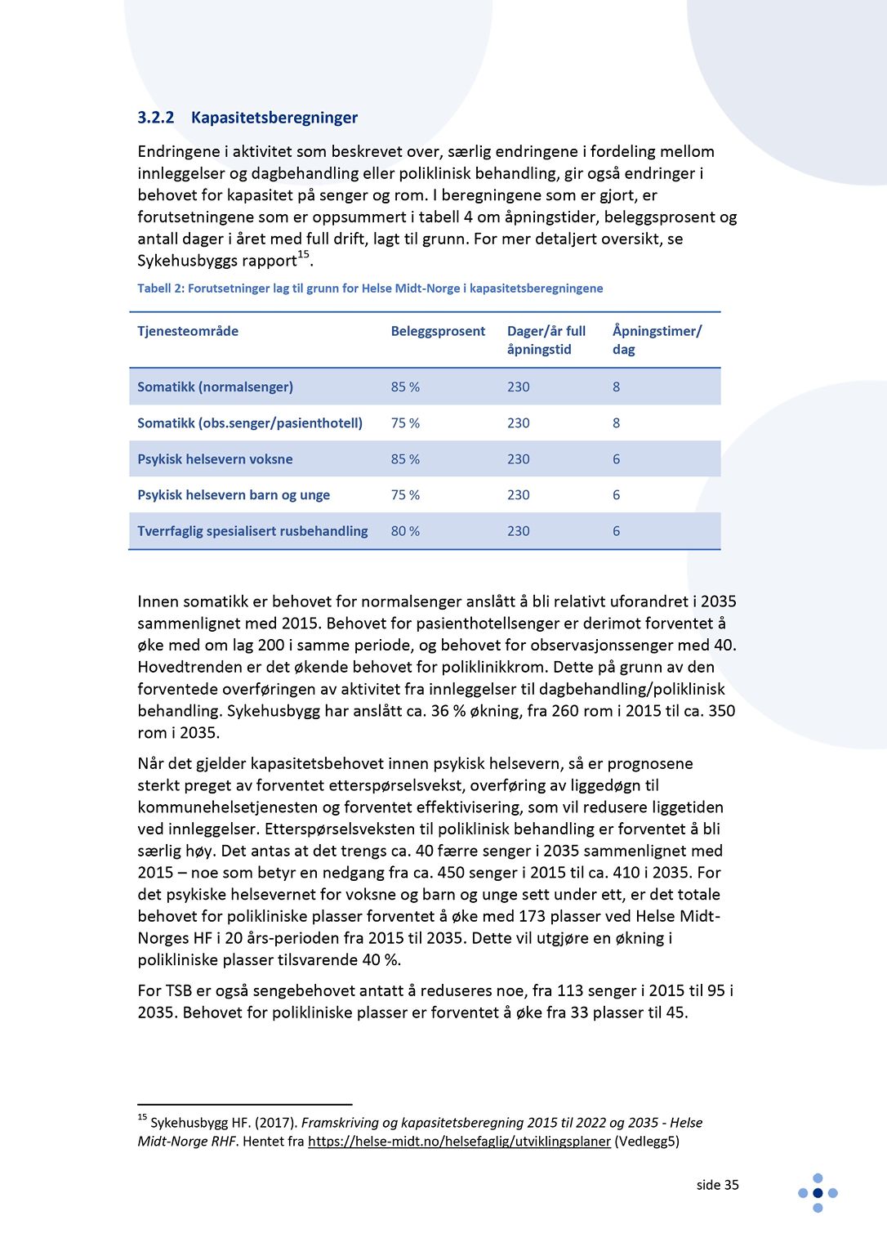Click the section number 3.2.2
(x=155, y=118)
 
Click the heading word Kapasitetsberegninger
(x=274, y=118)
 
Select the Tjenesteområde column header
(x=188, y=331)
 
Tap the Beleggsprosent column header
(x=438, y=331)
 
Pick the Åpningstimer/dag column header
(x=657, y=340)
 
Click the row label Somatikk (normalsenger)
(x=215, y=387)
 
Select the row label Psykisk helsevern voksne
(x=215, y=459)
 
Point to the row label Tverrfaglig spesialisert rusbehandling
(x=252, y=531)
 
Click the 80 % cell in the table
(x=405, y=531)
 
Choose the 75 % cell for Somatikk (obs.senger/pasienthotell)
(x=405, y=423)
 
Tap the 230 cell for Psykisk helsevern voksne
(x=518, y=459)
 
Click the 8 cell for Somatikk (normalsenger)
(x=616, y=387)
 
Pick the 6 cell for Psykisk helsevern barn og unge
(x=616, y=495)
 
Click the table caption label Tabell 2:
(x=161, y=288)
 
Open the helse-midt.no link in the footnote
(x=459, y=1142)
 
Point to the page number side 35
(x=717, y=1185)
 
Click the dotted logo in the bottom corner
(x=818, y=1193)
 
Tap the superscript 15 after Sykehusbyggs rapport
(x=303, y=255)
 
